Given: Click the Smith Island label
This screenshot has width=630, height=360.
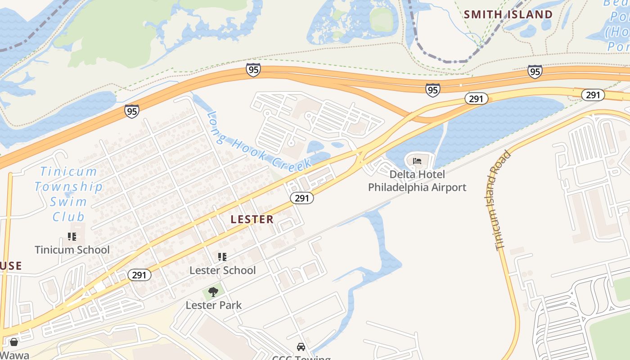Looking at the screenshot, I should (508, 14).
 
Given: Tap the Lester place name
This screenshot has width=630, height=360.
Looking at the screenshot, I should (252, 220).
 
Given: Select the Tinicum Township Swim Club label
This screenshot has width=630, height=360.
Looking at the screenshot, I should (68, 194).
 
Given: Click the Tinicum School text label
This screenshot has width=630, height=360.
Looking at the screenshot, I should (72, 250).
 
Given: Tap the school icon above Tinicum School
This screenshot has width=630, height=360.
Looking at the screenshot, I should (72, 236).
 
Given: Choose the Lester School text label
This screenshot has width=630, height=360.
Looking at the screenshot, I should (222, 270).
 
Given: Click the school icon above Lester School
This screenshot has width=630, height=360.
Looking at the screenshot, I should (222, 257).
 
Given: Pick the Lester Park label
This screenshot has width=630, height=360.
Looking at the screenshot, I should (214, 305).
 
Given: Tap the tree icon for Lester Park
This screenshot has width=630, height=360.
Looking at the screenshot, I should (213, 292).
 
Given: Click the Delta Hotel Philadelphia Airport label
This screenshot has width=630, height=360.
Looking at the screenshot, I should (417, 180).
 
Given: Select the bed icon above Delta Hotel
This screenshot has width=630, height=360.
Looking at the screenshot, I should (417, 161).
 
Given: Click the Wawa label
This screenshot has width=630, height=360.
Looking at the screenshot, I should (14, 355).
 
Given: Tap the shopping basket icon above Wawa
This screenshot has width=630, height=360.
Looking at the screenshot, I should (14, 342).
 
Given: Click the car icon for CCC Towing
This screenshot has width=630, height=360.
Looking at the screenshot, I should (301, 347).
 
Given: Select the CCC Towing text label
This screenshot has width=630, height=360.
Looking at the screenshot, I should (301, 358).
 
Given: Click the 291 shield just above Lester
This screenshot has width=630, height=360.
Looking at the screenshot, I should (301, 198).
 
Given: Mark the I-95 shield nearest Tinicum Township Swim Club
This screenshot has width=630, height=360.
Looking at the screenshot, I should (132, 111).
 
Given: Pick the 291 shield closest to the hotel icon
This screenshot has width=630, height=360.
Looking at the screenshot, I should (476, 99).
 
